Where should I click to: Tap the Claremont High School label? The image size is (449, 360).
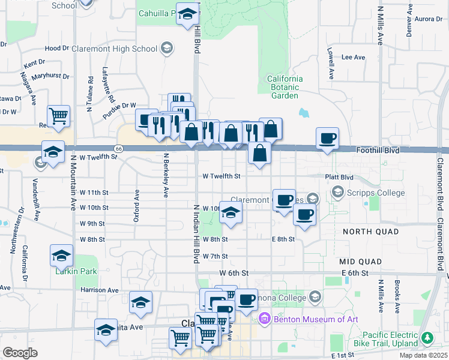point(114,49)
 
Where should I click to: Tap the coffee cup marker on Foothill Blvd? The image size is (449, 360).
point(328,139)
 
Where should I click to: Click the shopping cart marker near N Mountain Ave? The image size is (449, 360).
point(58,115)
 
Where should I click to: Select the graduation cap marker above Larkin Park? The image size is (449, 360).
point(61,256)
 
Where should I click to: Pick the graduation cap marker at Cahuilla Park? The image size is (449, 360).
point(187,13)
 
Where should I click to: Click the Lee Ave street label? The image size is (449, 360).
point(353,58)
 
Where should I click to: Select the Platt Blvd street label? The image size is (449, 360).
point(339,177)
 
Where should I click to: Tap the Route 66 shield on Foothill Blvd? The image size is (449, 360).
point(119,148)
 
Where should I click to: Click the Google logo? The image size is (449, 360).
point(20,352)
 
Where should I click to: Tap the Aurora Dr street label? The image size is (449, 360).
point(429,19)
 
